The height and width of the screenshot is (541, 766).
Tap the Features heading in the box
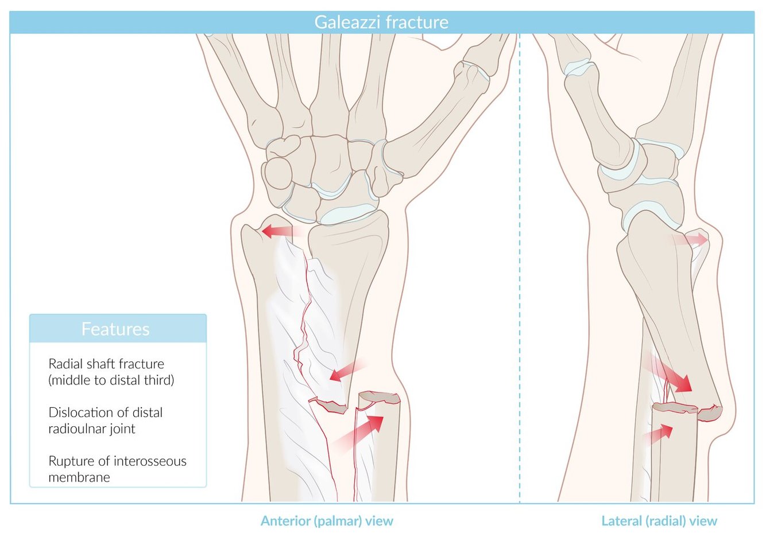[x=115, y=329]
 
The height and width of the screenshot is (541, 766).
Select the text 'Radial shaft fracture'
[x=106, y=364]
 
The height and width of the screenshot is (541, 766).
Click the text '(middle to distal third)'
[x=111, y=380]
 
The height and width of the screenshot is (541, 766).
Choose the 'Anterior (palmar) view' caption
[x=327, y=521]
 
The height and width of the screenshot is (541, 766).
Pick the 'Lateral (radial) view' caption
[x=659, y=521]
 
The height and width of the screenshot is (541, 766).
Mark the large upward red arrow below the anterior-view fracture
[x=362, y=430]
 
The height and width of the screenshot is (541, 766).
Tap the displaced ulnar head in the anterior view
[x=267, y=241]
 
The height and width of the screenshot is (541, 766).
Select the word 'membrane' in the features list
[x=79, y=477]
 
